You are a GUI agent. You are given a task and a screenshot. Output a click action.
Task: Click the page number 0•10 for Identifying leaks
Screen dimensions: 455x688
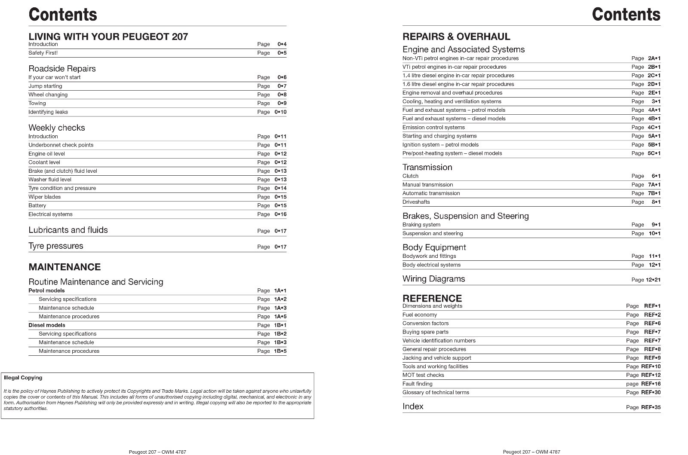coord(280,112)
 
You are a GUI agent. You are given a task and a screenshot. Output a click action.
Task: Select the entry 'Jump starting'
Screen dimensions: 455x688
coord(45,86)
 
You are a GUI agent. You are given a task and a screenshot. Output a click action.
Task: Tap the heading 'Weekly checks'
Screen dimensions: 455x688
coord(57,128)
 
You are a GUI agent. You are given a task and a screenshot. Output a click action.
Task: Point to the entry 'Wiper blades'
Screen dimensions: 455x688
coord(45,197)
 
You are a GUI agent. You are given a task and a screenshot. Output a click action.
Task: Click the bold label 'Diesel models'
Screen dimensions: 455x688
coord(47,325)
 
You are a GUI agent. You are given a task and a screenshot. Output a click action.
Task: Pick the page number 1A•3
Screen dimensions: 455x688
coord(280,308)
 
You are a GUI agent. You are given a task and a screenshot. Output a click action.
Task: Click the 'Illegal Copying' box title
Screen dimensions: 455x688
coord(23,378)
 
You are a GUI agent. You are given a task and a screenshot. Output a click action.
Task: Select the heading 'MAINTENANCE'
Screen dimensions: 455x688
coord(64,267)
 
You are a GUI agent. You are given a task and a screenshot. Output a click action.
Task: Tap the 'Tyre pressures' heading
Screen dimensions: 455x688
coord(56,246)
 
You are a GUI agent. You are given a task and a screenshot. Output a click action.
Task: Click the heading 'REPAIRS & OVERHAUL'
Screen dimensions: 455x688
coord(456,37)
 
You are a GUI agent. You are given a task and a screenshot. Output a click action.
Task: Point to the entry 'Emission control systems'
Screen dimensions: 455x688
coord(433,127)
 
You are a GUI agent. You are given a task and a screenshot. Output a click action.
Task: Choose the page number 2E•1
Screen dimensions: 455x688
coord(654,92)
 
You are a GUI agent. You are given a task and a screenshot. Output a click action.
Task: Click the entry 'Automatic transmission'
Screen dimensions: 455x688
coord(431,193)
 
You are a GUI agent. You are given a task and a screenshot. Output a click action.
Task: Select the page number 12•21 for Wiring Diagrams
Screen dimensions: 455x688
coord(653,280)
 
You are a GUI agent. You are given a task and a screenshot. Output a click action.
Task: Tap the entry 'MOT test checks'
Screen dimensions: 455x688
coord(423,375)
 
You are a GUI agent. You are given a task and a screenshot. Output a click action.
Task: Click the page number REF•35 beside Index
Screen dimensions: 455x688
coord(651,407)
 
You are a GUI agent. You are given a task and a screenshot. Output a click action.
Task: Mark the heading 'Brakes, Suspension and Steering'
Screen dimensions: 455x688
coord(465,216)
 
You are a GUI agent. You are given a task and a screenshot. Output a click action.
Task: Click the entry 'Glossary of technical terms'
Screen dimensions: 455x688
coord(436,392)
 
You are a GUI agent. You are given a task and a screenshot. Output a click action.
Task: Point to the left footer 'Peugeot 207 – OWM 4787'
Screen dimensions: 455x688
coord(157,452)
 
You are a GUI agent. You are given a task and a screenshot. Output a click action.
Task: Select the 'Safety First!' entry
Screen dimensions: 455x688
coord(43,53)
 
